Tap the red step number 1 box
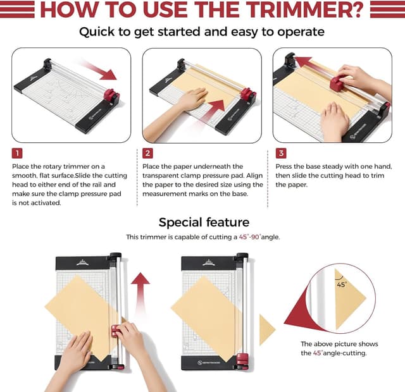pyautogui.click(x=17, y=153)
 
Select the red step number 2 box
pyautogui.click(x=147, y=153)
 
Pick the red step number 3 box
pyautogui.click(x=281, y=153)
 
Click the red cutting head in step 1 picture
pyautogui.click(x=111, y=97)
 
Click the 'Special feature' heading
pyautogui.click(x=204, y=222)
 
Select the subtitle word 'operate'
pyautogui.click(x=297, y=32)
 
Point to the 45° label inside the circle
pyautogui.click(x=342, y=285)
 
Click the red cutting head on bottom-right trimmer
pyautogui.click(x=243, y=360)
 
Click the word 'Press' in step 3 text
pyautogui.click(x=286, y=166)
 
